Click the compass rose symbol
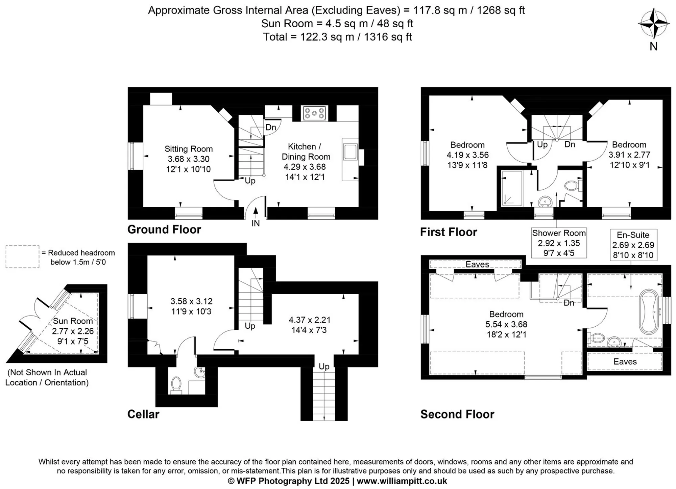point(653,24)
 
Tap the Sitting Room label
point(189,149)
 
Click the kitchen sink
point(350,152)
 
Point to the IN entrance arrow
point(256,211)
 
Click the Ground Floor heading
point(164,229)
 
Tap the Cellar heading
point(143,414)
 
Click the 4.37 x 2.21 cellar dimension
point(309,320)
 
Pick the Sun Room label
point(73,321)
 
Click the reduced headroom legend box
point(22,257)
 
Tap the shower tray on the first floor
point(512,188)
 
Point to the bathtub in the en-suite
point(649,311)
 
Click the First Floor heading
point(449,232)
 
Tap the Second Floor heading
point(457,414)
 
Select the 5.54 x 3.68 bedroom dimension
point(506,324)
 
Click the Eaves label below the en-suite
point(625,362)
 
